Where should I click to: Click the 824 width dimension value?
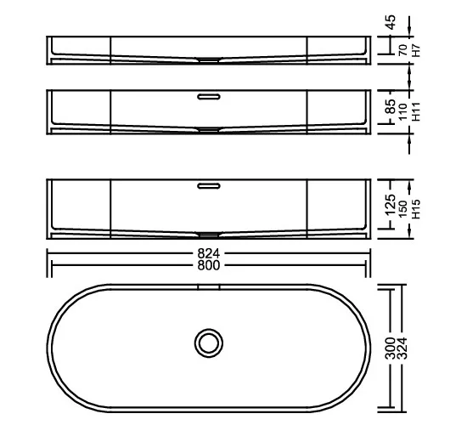click(209, 254)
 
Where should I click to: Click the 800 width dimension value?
click(209, 265)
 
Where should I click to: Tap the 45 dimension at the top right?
click(391, 22)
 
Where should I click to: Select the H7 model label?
click(415, 50)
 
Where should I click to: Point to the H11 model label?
click(416, 111)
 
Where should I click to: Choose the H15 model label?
click(416, 209)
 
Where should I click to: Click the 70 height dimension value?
click(403, 50)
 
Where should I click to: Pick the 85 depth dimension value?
click(391, 106)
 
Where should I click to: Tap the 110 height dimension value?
click(403, 112)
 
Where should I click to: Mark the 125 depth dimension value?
click(391, 205)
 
